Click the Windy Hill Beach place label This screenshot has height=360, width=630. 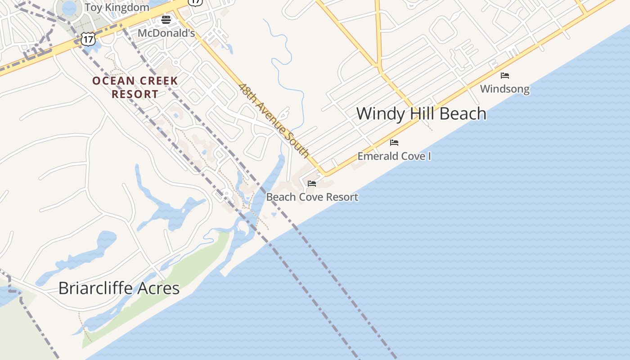pyautogui.click(x=421, y=113)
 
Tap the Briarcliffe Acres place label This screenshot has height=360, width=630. pyautogui.click(x=119, y=288)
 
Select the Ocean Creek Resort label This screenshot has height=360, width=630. pyautogui.click(x=135, y=87)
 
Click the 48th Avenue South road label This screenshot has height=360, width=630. pyautogui.click(x=274, y=121)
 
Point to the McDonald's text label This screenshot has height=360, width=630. pyautogui.click(x=166, y=33)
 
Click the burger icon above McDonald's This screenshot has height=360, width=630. pyautogui.click(x=166, y=20)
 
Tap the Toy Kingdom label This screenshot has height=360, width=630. pyautogui.click(x=117, y=7)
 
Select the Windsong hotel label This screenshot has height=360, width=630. pyautogui.click(x=504, y=89)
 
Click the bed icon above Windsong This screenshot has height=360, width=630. pyautogui.click(x=505, y=76)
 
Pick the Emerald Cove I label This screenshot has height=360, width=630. pyautogui.click(x=394, y=156)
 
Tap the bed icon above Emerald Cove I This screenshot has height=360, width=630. pyautogui.click(x=394, y=143)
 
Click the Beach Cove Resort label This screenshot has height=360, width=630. pyautogui.click(x=312, y=197)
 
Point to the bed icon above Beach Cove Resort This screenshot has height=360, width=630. pyautogui.click(x=312, y=184)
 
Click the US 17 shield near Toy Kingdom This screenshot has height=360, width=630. pyautogui.click(x=89, y=39)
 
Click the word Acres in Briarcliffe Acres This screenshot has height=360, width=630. pyautogui.click(x=158, y=288)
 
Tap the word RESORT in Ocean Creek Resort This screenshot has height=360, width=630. pyautogui.click(x=135, y=94)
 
